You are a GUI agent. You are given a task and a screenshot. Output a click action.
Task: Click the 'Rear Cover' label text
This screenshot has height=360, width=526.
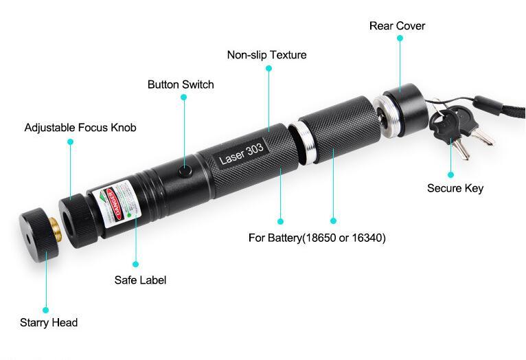pos(397,26)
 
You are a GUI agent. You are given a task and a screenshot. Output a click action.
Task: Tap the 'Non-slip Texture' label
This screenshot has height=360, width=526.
pos(266,55)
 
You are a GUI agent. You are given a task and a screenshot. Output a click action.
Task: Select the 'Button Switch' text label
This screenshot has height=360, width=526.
pos(181,85)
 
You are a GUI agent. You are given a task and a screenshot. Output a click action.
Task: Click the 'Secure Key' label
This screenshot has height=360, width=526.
pos(455,188)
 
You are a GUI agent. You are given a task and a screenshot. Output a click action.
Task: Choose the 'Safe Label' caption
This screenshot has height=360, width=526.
pos(140,280)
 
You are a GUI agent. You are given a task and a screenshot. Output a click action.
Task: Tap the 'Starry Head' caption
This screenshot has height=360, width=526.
pos(49,323)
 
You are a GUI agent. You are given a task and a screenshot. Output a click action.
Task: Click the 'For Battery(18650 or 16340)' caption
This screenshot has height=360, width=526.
pos(317,238)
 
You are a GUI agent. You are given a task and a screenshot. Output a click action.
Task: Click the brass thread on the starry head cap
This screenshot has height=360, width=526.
pos(54,227)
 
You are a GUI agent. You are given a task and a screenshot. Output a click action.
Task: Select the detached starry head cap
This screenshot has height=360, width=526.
pos(34,237)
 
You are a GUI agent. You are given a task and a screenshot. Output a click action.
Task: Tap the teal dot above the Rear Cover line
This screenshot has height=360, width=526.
pos(400,38)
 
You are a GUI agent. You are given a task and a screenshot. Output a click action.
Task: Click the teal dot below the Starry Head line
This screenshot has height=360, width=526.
pos(46,310)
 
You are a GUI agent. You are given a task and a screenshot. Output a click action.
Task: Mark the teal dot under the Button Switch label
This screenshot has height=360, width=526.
pos(184,98)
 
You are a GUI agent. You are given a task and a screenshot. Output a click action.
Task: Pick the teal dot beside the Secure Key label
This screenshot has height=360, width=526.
pos(451,175)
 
